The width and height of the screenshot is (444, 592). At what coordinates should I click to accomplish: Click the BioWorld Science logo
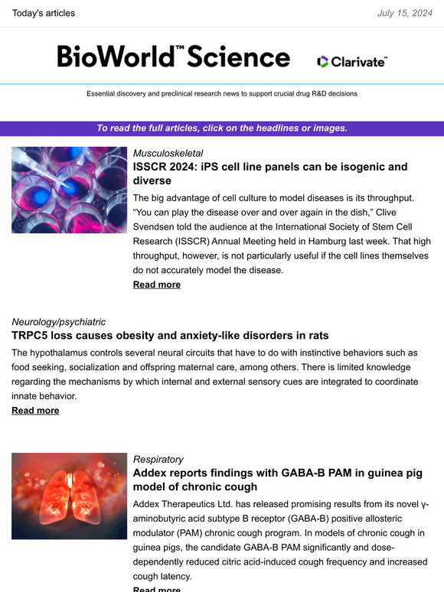(x=174, y=57)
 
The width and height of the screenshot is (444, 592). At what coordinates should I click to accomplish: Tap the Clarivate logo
(x=352, y=61)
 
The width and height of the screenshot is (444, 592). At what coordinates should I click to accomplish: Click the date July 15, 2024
(x=404, y=13)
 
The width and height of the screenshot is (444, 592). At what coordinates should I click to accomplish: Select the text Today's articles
(x=44, y=13)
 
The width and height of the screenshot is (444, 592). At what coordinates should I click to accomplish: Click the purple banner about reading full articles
(x=222, y=128)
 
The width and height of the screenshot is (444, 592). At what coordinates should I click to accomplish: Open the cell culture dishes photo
(x=69, y=190)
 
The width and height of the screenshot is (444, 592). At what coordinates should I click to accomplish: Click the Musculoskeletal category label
(x=168, y=153)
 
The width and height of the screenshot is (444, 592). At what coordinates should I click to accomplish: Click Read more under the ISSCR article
(x=157, y=285)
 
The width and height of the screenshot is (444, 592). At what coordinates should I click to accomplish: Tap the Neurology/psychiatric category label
(x=58, y=322)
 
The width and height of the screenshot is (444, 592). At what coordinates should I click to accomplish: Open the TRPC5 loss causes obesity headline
(x=170, y=336)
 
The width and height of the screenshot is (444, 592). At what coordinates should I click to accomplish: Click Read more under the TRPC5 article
(x=35, y=411)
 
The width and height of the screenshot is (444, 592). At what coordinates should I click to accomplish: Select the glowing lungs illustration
(x=69, y=495)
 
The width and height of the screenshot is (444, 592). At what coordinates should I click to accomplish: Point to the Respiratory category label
(x=158, y=459)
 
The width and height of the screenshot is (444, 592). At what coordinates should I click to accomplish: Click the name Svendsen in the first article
(x=158, y=226)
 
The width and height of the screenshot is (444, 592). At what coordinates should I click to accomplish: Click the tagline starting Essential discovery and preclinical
(x=222, y=93)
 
